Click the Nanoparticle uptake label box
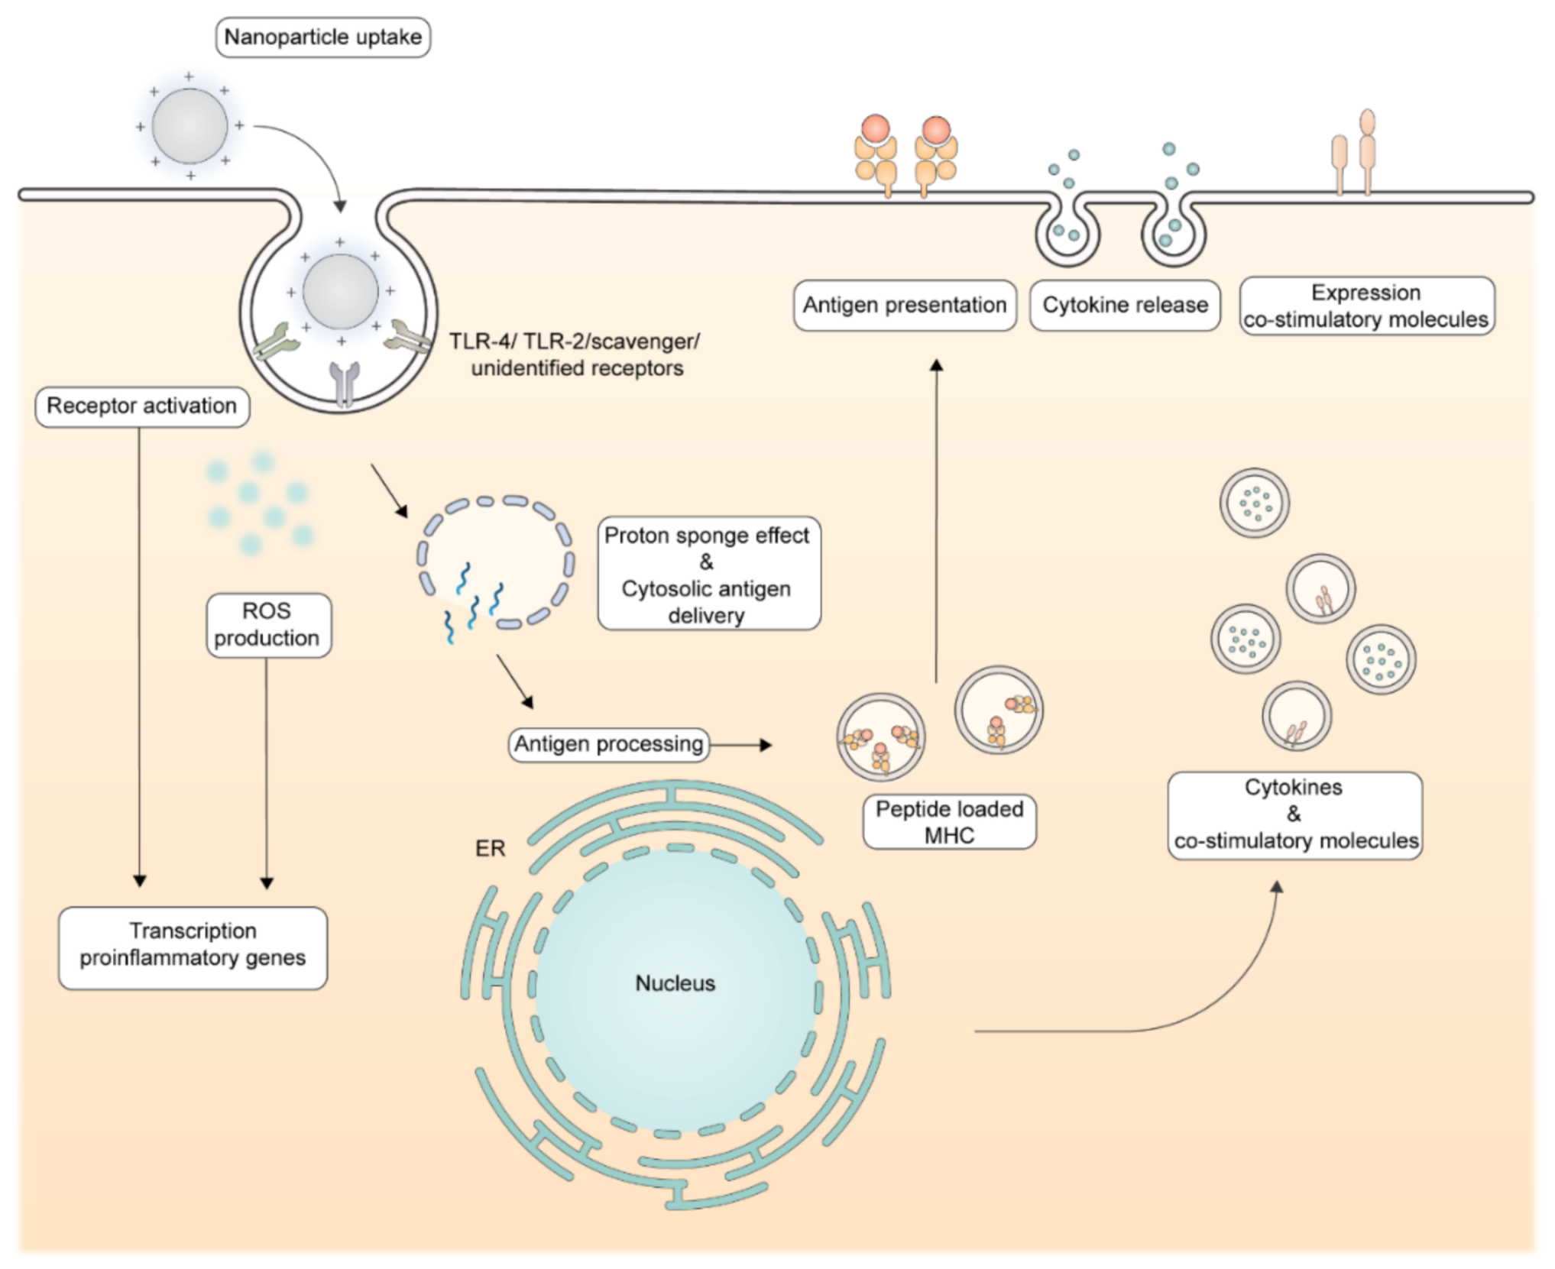pos(323,37)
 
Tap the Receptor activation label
pos(142,406)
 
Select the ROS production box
pos(267,625)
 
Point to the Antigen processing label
pos(608,744)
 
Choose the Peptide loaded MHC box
pos(949,822)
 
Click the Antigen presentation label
pos(905,306)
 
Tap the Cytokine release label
pos(1125,306)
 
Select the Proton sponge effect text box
pos(708,575)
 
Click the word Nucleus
pos(675,983)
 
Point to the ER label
pos(490,849)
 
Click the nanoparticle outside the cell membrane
pos(190,126)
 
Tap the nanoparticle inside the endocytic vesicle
pos(340,291)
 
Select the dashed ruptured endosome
pos(496,563)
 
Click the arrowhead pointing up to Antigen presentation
pos(936,365)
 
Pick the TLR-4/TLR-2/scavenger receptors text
pos(575,354)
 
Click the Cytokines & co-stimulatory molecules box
pos(1294,814)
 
